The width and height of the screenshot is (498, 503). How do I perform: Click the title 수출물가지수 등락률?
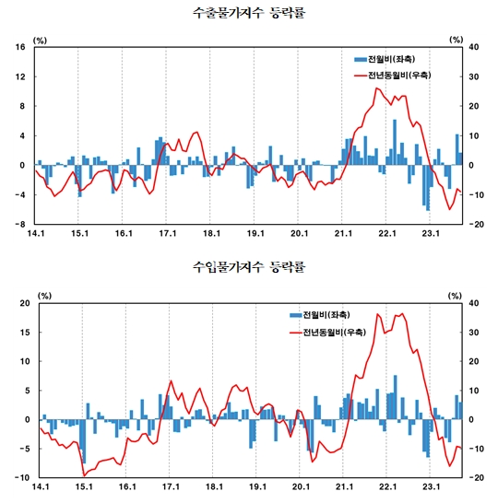point(248,14)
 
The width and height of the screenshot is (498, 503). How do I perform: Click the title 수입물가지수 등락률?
point(248,268)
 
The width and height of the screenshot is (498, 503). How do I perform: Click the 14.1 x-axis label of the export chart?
point(37,234)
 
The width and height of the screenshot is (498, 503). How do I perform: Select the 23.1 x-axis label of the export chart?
point(430,234)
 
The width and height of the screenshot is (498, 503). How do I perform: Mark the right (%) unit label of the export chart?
point(456,40)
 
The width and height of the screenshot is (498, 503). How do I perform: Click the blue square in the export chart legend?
point(360,59)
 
